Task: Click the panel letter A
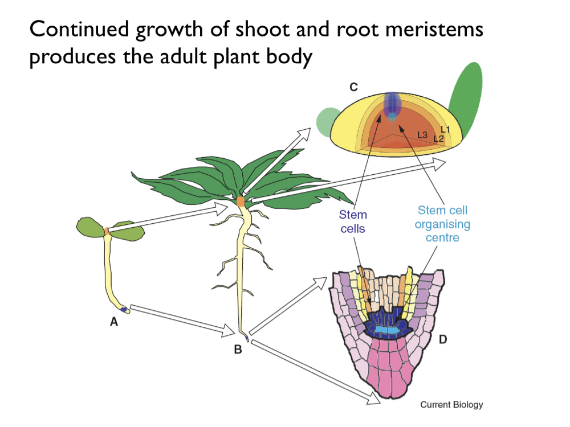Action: pyautogui.click(x=114, y=322)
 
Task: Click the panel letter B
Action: pyautogui.click(x=238, y=350)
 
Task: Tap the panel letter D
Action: pyautogui.click(x=442, y=340)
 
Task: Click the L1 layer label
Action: pyautogui.click(x=445, y=130)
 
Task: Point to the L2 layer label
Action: pyautogui.click(x=438, y=138)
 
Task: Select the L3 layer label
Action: pyautogui.click(x=422, y=135)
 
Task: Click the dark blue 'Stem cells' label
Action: pyautogui.click(x=353, y=221)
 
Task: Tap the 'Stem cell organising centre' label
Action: pyautogui.click(x=442, y=224)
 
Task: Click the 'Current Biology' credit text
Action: pyautogui.click(x=451, y=405)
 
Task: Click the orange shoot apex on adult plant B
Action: pyautogui.click(x=241, y=202)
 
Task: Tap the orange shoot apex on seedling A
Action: pyautogui.click(x=106, y=231)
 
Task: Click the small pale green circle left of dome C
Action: pyautogui.click(x=324, y=120)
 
